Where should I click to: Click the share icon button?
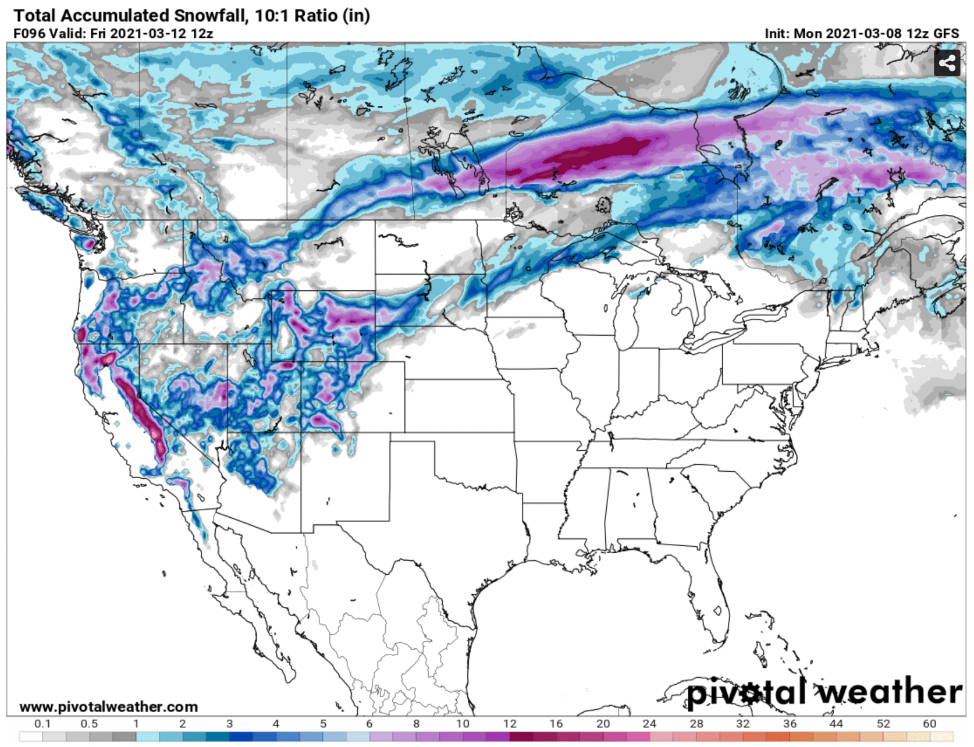click(x=947, y=63)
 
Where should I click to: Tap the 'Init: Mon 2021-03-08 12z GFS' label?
click(x=861, y=34)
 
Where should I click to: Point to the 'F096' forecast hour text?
click(x=29, y=34)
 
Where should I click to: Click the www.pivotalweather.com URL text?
click(x=108, y=707)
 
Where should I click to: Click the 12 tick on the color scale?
click(x=510, y=724)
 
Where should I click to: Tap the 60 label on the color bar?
click(x=929, y=724)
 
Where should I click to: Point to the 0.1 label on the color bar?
click(x=42, y=724)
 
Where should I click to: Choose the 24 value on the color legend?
click(x=649, y=724)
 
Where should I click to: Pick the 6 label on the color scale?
click(x=369, y=724)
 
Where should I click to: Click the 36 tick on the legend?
click(x=790, y=724)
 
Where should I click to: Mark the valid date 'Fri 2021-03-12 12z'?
click(x=151, y=34)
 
